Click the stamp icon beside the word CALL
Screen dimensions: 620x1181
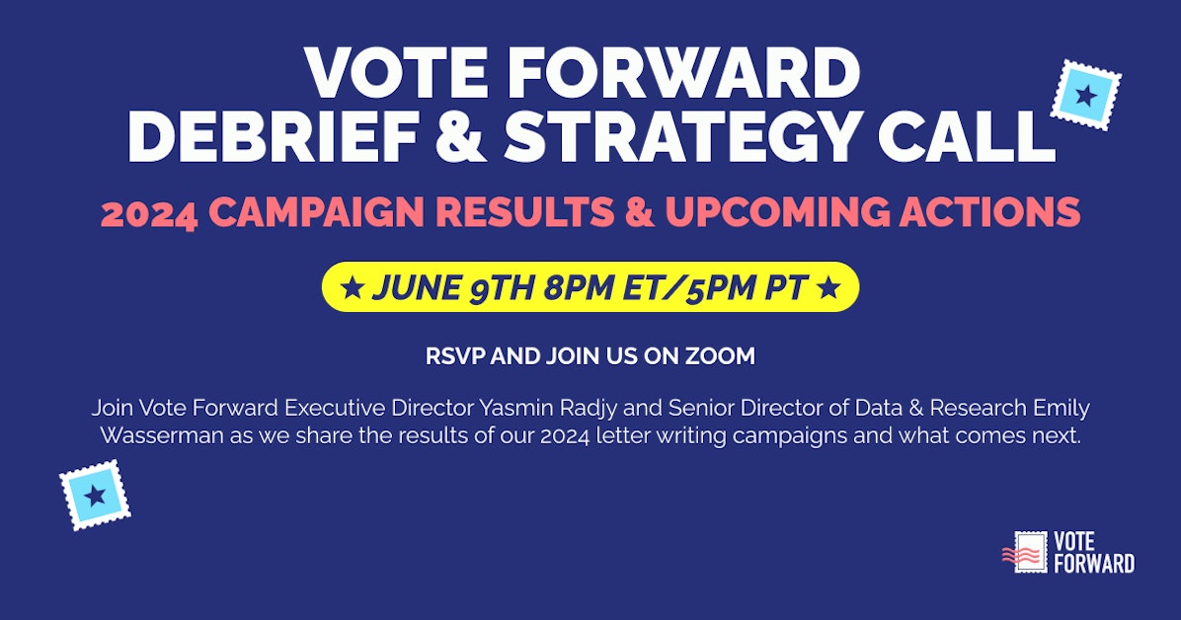click(1085, 95)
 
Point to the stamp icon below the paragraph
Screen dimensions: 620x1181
click(95, 496)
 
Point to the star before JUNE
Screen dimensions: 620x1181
click(350, 287)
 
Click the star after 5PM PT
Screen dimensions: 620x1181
click(830, 287)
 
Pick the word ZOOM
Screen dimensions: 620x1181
click(723, 356)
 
